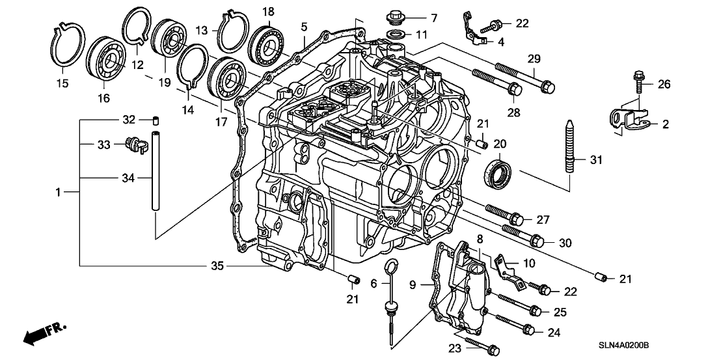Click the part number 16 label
click(103, 98)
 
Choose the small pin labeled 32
click(156, 120)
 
